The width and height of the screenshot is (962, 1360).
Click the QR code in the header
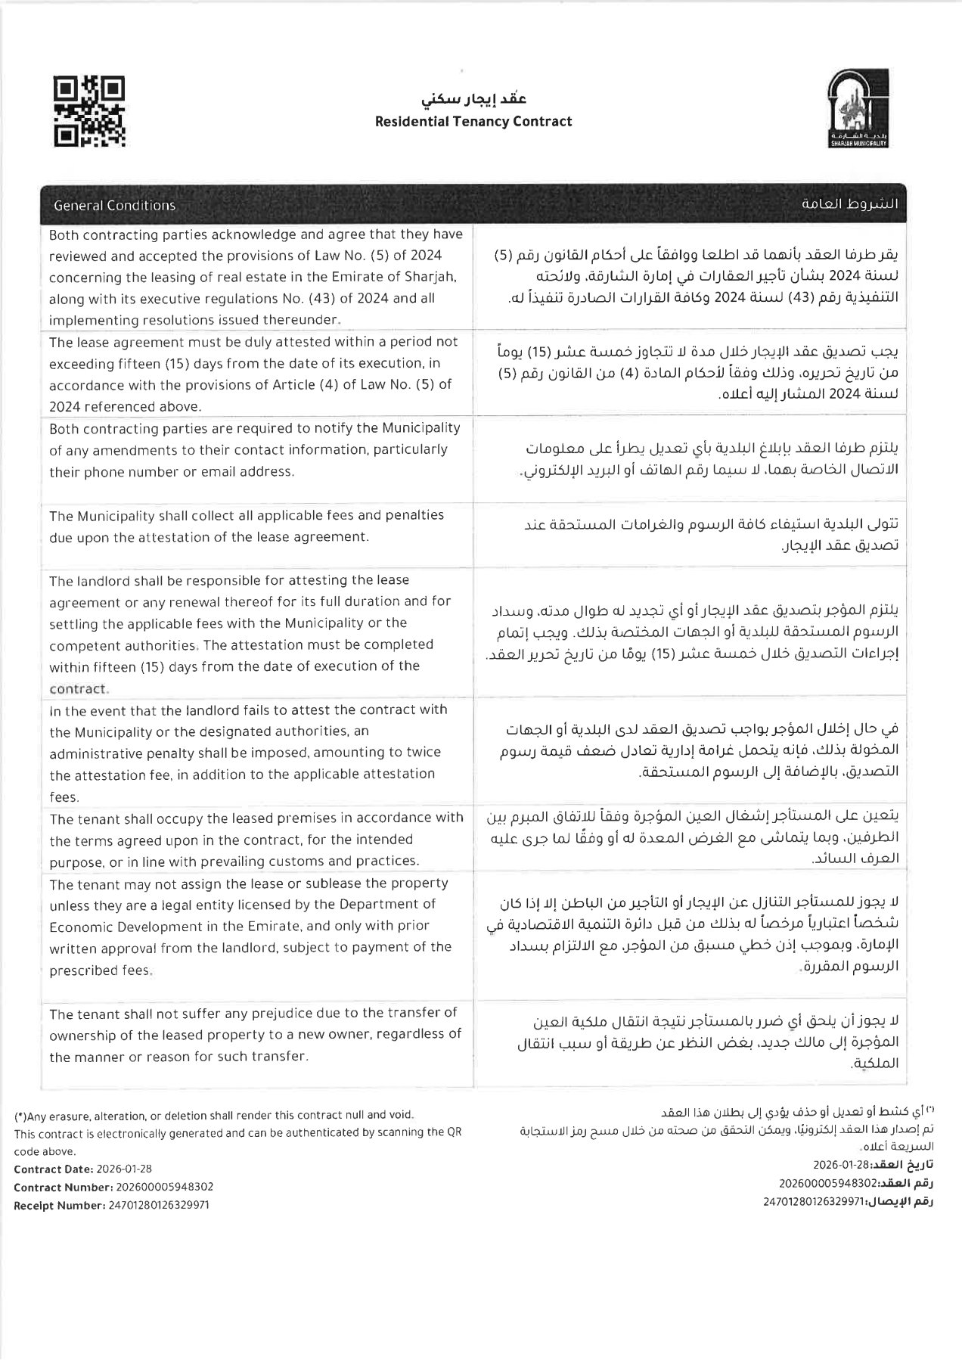click(89, 111)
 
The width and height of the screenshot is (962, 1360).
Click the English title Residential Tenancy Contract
click(473, 121)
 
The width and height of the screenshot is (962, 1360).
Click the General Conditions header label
click(114, 205)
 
